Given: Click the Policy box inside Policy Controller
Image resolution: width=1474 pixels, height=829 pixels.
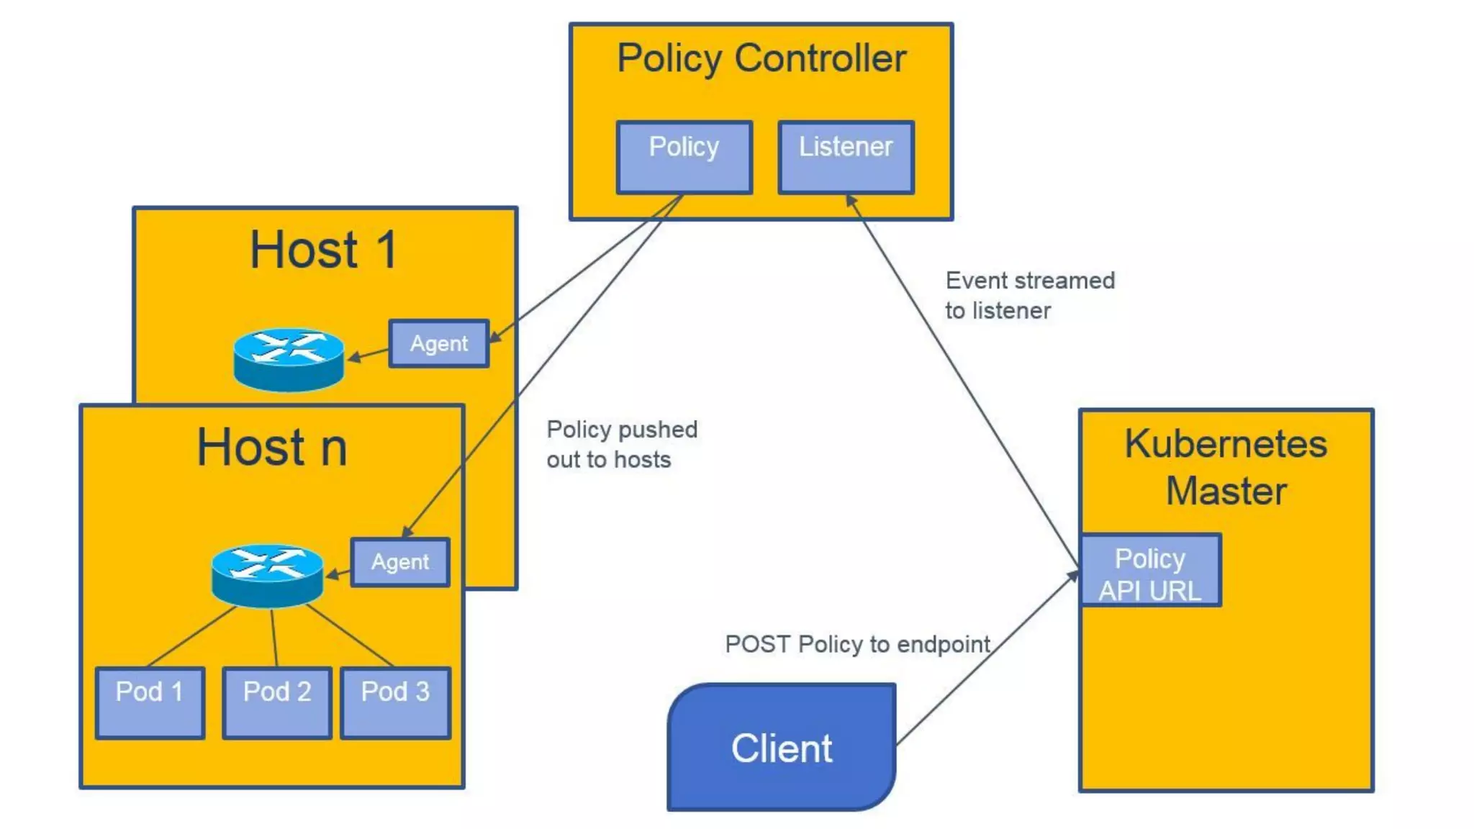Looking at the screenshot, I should [x=684, y=157].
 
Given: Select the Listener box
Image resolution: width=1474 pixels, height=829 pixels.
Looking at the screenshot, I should [x=846, y=157].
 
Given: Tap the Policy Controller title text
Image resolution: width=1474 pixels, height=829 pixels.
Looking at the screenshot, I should [x=761, y=59].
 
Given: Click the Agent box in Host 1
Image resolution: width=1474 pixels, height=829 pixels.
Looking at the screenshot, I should [x=438, y=344].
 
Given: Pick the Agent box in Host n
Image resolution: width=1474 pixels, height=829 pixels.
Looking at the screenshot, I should [x=400, y=562].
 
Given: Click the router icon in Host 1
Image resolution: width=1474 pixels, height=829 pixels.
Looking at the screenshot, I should [x=289, y=359].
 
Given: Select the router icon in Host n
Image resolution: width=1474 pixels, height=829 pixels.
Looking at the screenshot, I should [x=267, y=575].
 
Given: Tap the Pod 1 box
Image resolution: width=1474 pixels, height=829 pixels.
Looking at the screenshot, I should [x=150, y=702].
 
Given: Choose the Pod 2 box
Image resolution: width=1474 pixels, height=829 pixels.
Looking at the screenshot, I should [x=277, y=702].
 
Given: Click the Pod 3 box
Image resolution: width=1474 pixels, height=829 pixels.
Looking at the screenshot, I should [x=395, y=702].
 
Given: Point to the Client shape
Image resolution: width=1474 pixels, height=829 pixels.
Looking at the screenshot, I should [x=782, y=748].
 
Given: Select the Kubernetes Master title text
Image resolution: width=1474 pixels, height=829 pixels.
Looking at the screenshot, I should [x=1226, y=467].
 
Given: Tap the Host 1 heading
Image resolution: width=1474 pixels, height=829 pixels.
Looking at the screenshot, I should [x=323, y=250].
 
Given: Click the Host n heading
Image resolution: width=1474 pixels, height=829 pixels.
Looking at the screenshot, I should [x=272, y=447].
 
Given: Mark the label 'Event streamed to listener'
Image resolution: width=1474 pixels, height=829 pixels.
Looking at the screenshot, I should [x=1029, y=295].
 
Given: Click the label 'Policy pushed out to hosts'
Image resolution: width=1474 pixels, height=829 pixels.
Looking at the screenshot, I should [x=621, y=444].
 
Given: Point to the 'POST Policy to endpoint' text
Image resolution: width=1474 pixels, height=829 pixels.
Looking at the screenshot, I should [x=857, y=644].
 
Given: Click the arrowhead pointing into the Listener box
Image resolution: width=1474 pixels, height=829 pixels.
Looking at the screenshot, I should [x=851, y=200].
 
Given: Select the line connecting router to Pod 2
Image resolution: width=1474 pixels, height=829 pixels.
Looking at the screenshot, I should [x=274, y=638].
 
